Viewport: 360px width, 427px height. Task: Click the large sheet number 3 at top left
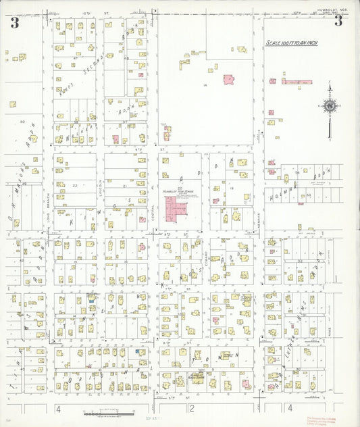(x=14, y=22)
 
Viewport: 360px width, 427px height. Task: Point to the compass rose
(x=330, y=105)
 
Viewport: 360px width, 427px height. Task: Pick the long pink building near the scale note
(x=297, y=82)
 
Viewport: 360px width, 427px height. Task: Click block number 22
(x=75, y=184)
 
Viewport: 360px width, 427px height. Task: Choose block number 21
(x=126, y=184)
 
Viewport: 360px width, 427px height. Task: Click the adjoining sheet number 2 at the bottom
(x=192, y=408)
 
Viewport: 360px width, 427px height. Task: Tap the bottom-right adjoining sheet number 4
(x=290, y=408)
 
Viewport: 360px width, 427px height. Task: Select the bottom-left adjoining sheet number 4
(x=59, y=409)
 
